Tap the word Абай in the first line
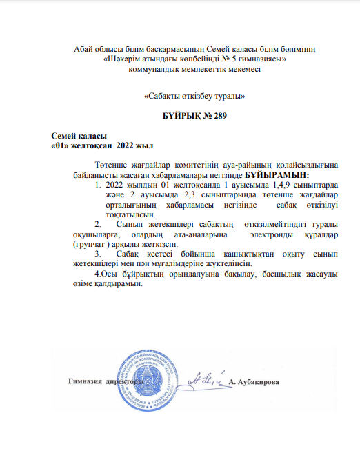(x=83, y=46)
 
